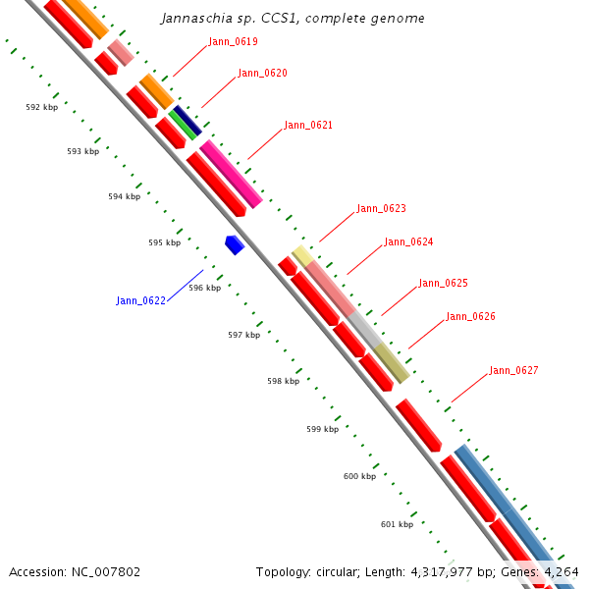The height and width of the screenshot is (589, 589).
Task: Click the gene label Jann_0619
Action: pyautogui.click(x=233, y=42)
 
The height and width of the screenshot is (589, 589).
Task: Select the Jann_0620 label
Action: pyautogui.click(x=262, y=74)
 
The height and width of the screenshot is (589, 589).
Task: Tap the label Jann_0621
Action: pyautogui.click(x=308, y=126)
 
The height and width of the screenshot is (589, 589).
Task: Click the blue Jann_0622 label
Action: pyautogui.click(x=140, y=300)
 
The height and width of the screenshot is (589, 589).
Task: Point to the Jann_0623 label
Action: pyautogui.click(x=381, y=209)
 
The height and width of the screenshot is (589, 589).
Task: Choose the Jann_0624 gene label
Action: pyautogui.click(x=408, y=242)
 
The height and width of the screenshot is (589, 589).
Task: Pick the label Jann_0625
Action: pyautogui.click(x=443, y=284)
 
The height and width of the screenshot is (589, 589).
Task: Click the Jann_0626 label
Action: pyautogui.click(x=470, y=317)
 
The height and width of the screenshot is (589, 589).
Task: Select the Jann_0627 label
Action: pyautogui.click(x=513, y=371)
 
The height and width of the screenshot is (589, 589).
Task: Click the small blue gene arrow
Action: pyautogui.click(x=234, y=244)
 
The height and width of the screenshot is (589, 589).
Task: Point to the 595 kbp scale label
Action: pyautogui.click(x=164, y=242)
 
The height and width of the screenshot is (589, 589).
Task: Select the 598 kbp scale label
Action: pyautogui.click(x=283, y=381)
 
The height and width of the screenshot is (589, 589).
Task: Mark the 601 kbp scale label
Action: pyautogui.click(x=397, y=524)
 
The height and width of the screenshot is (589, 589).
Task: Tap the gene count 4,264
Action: pyautogui.click(x=560, y=571)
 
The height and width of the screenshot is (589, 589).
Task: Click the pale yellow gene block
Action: pyautogui.click(x=302, y=256)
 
